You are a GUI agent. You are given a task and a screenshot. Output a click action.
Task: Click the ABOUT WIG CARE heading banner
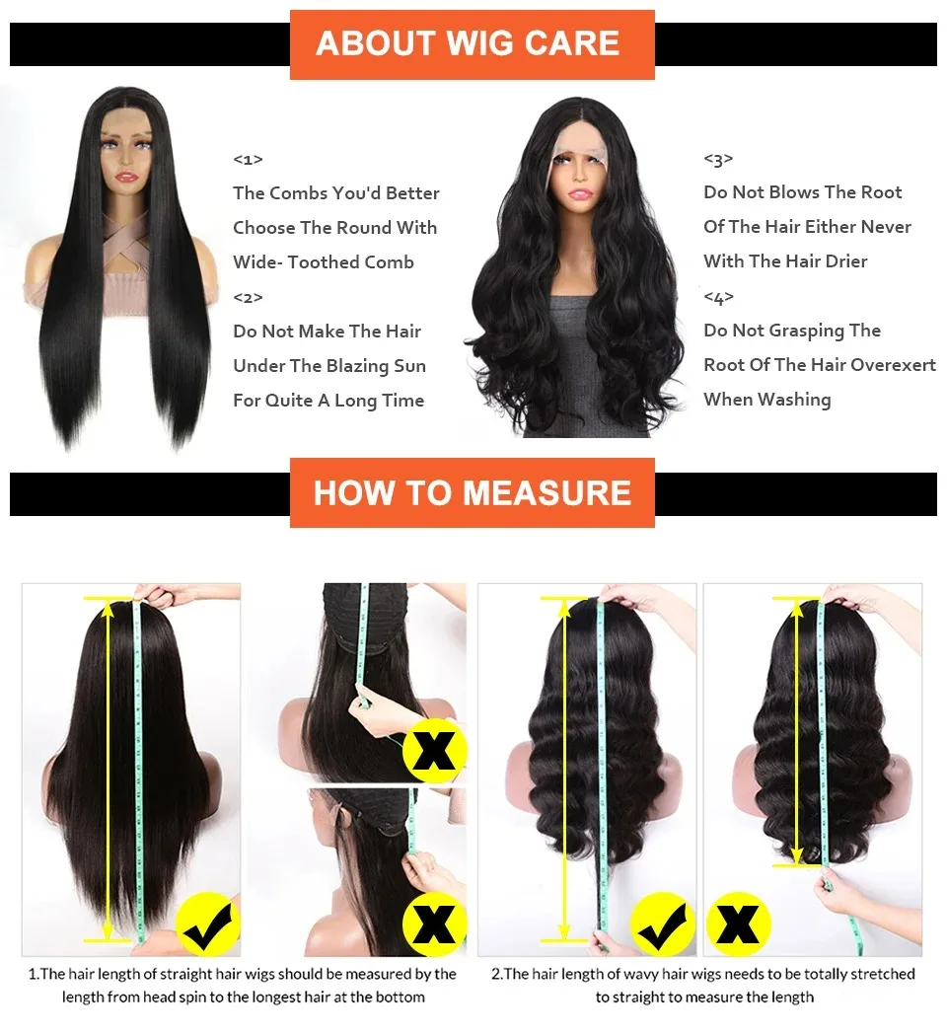(x=472, y=44)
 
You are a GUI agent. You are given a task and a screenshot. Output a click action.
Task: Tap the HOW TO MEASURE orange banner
(x=472, y=492)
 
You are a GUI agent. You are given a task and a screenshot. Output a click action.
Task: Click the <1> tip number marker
(x=248, y=159)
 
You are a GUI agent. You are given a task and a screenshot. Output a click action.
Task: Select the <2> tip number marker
(x=248, y=297)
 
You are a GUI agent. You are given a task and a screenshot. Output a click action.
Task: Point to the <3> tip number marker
(x=718, y=159)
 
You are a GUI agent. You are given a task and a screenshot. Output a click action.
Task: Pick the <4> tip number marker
(x=718, y=297)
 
